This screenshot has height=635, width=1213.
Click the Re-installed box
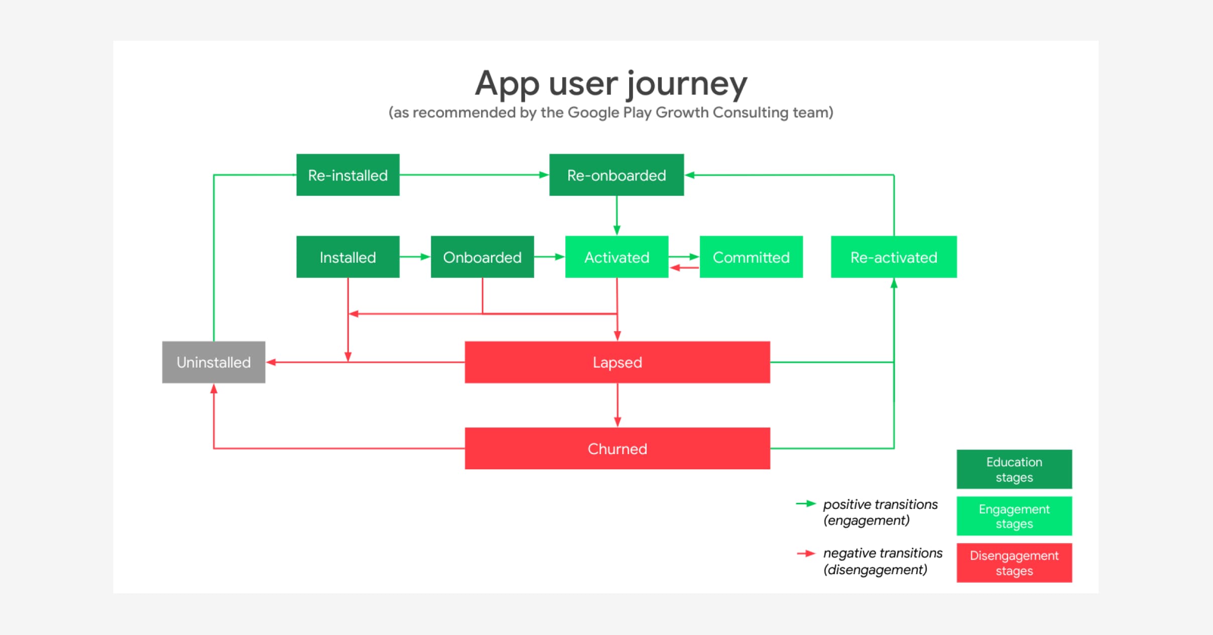(347, 175)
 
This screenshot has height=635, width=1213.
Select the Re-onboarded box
(616, 175)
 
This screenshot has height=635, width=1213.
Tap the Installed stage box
(347, 257)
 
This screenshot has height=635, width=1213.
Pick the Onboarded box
(482, 257)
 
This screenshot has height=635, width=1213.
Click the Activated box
(617, 257)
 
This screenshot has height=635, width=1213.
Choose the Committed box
(751, 257)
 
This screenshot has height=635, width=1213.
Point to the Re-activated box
(893, 257)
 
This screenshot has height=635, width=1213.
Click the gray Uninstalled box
(213, 362)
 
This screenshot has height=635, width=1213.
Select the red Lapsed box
(617, 362)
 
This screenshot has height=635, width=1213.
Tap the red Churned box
(617, 448)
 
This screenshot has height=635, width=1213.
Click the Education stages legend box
(1014, 469)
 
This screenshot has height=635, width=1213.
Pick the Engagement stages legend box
(1014, 516)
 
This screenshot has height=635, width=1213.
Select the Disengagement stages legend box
(1014, 563)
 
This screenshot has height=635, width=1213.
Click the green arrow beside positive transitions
(806, 503)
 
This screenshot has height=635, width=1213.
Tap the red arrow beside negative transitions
(806, 553)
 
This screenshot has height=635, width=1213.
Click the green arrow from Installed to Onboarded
(415, 257)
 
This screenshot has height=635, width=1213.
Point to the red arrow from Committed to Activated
(684, 268)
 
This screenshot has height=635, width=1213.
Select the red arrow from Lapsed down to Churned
(617, 405)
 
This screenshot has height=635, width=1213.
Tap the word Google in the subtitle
(593, 112)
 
